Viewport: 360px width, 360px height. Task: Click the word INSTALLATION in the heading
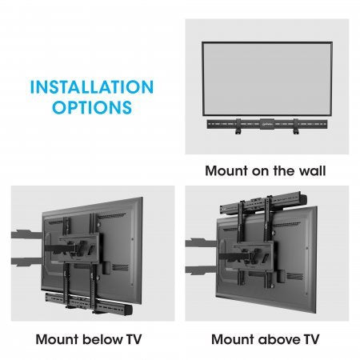[90, 86]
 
